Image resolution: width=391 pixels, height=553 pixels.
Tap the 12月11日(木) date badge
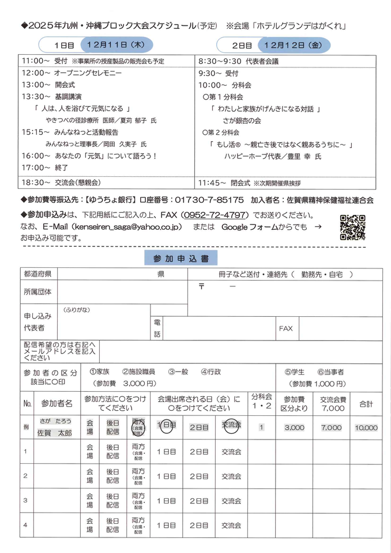pos(116,44)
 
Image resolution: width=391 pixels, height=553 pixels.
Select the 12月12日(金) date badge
pos(294,44)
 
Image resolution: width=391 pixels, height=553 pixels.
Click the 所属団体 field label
pos(37,291)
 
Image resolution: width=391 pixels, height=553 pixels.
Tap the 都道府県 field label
pos(37,274)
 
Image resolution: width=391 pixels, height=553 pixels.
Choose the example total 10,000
pos(366,428)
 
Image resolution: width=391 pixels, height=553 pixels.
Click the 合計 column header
pos(366,404)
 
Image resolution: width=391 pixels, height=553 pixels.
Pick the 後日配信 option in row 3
pos(112,501)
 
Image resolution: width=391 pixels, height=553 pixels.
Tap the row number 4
pos(25,525)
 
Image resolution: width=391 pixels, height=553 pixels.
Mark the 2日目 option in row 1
pos(199,452)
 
